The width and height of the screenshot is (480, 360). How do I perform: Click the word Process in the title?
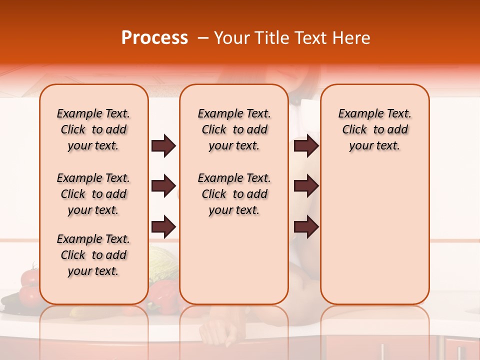[x=154, y=38]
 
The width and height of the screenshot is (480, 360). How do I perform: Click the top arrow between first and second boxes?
[x=163, y=146]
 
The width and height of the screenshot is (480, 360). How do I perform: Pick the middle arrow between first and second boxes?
[x=163, y=186]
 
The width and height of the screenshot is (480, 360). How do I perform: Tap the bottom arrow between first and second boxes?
[x=163, y=227]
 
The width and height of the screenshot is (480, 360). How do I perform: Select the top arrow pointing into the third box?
[x=306, y=146]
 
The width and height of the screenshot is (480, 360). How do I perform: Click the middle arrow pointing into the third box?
[x=306, y=186]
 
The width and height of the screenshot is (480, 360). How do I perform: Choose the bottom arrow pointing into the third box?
[x=306, y=227]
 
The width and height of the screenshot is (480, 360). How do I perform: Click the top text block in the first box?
[x=93, y=129]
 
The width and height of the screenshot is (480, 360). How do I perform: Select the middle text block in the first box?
[x=93, y=194]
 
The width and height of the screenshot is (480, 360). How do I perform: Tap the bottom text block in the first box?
[x=93, y=255]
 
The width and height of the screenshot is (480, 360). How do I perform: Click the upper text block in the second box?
[x=234, y=129]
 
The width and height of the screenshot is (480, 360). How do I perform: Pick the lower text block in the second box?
[x=234, y=194]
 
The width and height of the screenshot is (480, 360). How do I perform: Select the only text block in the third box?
[x=374, y=129]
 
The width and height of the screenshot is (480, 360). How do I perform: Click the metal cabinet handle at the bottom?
[x=383, y=350]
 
